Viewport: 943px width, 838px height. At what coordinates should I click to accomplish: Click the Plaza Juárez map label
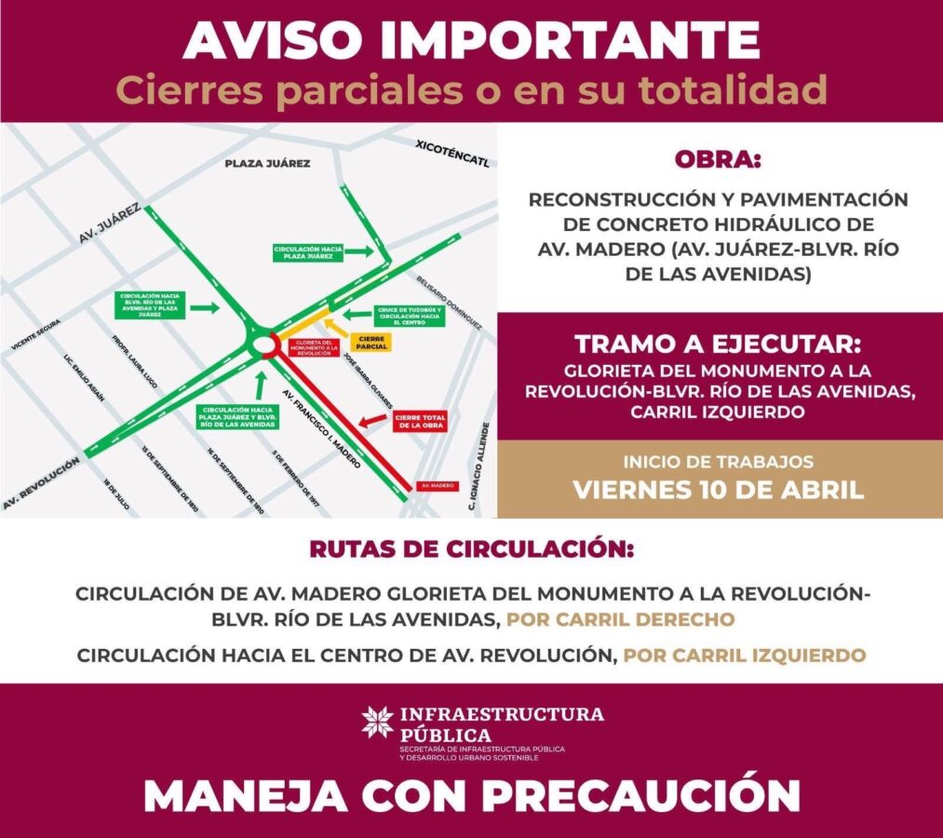coord(267,163)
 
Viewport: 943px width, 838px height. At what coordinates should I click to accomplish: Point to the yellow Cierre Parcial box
coord(372,342)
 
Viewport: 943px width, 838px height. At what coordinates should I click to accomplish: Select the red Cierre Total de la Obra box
coord(421,422)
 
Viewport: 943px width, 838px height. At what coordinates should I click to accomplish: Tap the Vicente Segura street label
coord(36,334)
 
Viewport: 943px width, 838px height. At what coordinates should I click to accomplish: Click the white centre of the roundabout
coord(265,345)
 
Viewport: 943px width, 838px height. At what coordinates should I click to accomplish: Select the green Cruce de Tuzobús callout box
coord(409,316)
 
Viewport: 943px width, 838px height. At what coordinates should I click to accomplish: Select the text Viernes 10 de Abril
coord(718,490)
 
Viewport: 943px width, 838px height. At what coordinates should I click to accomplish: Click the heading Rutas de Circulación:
coord(471,549)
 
